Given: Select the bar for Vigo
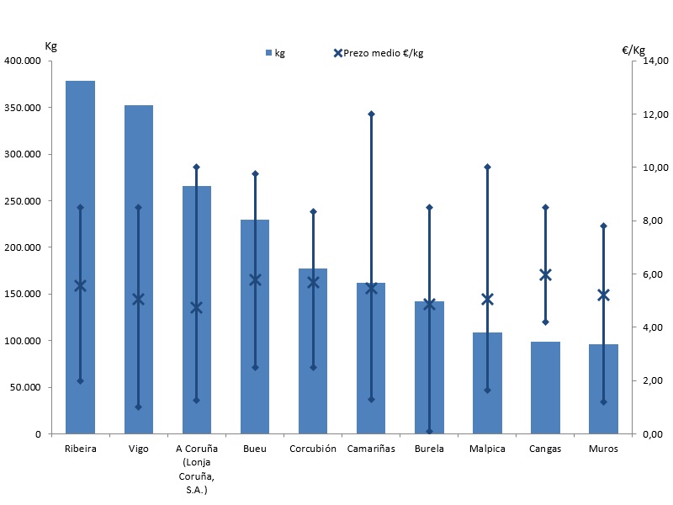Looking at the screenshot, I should [x=138, y=269].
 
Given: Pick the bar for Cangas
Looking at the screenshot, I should [x=545, y=387].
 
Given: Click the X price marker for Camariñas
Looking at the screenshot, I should [x=371, y=288].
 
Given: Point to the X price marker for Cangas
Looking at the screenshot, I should [x=545, y=274].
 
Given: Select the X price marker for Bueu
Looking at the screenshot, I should [x=255, y=279].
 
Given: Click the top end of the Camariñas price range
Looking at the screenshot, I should [x=371, y=114].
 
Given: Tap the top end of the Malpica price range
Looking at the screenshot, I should [x=487, y=167].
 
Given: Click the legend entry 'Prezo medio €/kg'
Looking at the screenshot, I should [x=379, y=53].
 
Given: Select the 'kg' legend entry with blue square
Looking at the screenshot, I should [x=275, y=53].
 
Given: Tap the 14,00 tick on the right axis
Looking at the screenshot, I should [x=655, y=61].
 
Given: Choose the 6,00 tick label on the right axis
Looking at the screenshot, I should [x=655, y=274].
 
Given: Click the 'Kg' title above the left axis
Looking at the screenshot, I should [x=51, y=45].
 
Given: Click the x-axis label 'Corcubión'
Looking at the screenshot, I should [x=313, y=449].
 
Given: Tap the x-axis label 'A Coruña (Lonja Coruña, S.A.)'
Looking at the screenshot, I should [x=196, y=469].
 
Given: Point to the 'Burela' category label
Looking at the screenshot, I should [x=429, y=449].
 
